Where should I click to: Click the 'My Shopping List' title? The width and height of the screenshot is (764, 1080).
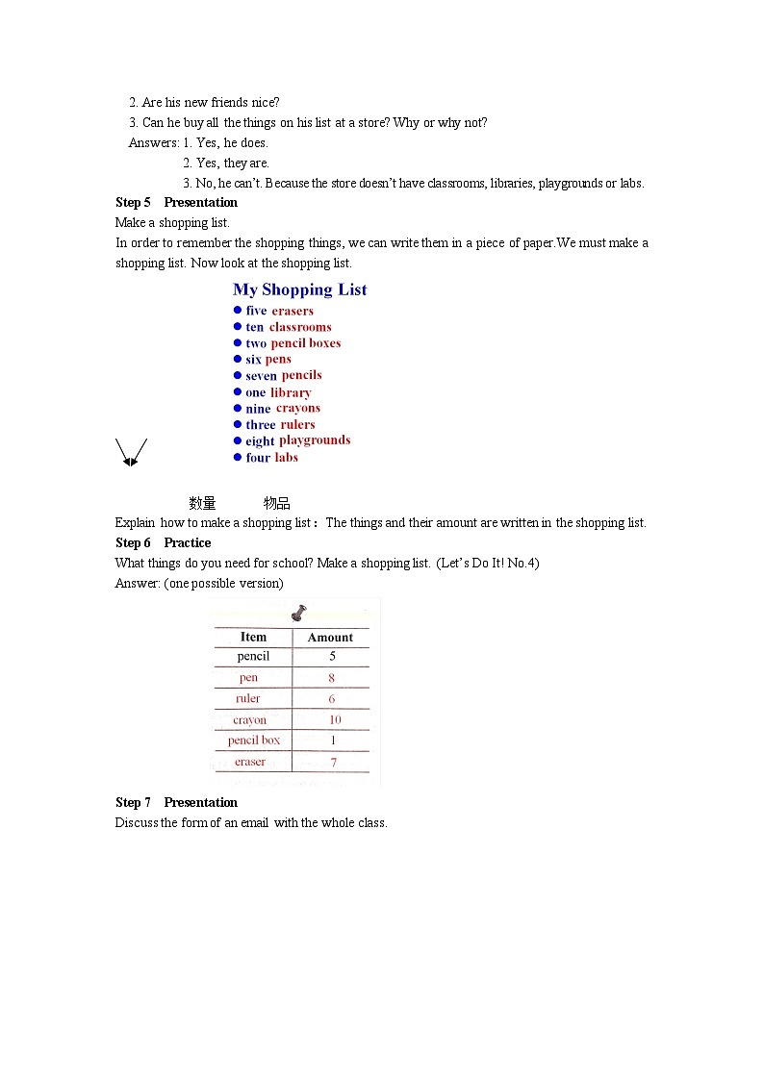[299, 289]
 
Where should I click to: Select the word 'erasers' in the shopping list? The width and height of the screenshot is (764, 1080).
[293, 311]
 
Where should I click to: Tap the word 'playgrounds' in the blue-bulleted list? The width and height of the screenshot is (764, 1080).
[315, 440]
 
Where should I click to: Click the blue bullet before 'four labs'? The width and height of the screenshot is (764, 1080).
[238, 458]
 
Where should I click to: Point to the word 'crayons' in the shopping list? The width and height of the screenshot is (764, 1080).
[298, 408]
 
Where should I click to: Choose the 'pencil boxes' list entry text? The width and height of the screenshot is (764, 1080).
[305, 343]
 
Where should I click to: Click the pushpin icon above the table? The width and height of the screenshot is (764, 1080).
[298, 612]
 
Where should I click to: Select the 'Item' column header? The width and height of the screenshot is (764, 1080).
[253, 637]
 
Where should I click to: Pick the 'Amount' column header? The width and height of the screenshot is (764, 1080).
[330, 637]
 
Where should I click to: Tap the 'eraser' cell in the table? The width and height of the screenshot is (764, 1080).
[250, 762]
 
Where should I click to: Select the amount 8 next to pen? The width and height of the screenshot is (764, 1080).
[332, 678]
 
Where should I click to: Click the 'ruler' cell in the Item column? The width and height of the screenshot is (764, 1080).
[248, 699]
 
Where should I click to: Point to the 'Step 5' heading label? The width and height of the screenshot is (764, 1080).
[133, 202]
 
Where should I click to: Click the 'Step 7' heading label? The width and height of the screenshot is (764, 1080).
[133, 802]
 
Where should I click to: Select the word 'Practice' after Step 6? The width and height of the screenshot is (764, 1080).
[188, 542]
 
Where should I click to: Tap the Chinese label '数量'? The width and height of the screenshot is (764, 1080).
[202, 503]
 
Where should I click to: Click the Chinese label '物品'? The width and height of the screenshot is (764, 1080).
[277, 503]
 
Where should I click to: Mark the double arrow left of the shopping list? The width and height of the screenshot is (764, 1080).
[131, 452]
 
